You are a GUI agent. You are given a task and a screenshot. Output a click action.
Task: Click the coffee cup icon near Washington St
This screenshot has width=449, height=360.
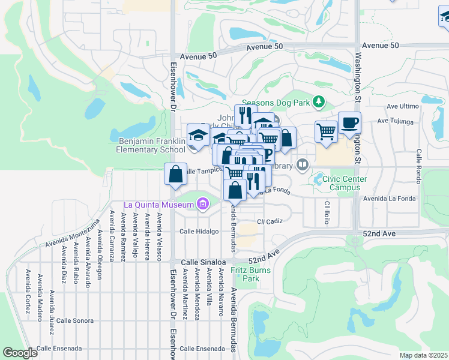(x=349, y=123)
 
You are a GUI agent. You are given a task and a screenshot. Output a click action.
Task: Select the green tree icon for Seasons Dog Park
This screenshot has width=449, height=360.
(x=319, y=102)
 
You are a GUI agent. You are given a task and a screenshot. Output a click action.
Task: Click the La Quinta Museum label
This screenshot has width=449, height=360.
(x=158, y=204)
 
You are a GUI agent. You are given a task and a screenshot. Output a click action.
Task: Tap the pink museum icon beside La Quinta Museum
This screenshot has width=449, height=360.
(x=202, y=205)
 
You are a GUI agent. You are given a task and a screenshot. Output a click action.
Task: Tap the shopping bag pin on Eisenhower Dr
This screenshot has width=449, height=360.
(x=175, y=175)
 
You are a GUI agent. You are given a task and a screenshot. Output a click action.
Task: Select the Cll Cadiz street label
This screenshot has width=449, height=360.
(x=270, y=221)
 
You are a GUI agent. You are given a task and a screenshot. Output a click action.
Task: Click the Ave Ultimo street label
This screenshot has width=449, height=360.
(x=402, y=106)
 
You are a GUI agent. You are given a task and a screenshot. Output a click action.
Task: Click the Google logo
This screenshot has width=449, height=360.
(x=20, y=352)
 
